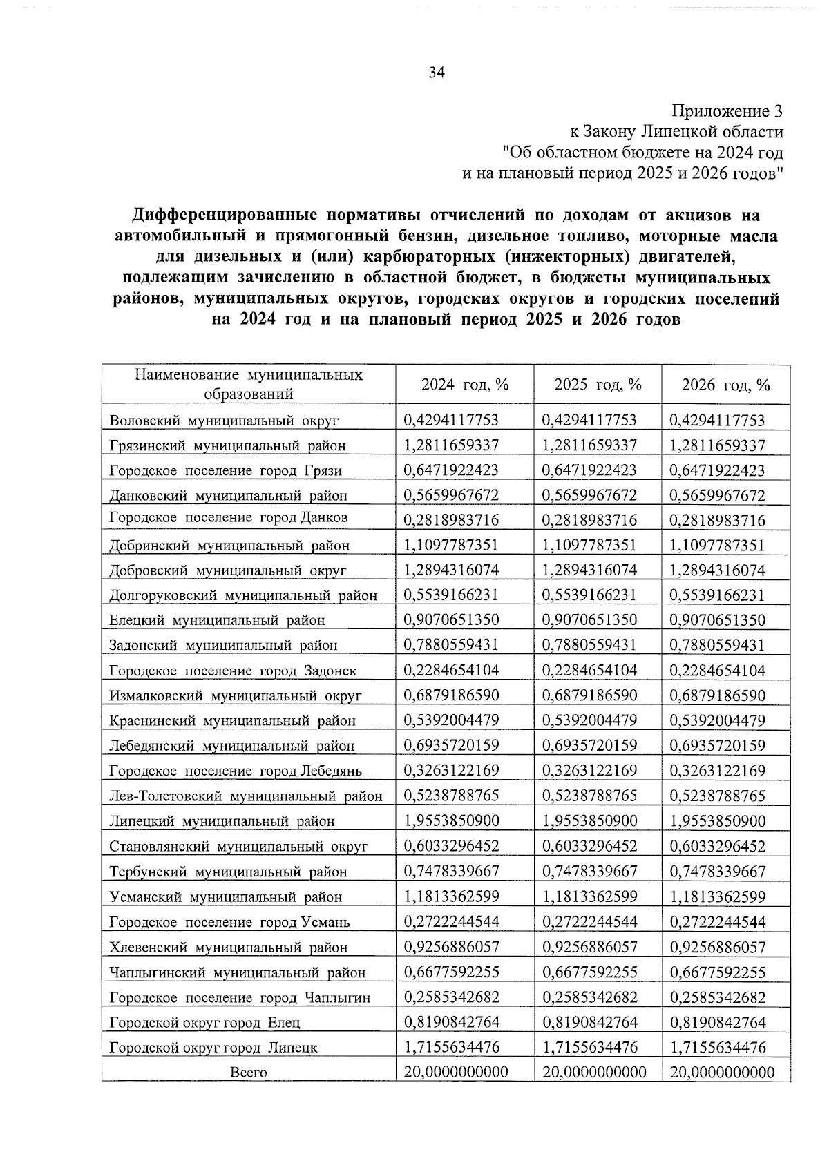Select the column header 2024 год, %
pyautogui.click(x=464, y=385)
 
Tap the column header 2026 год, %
pyautogui.click(x=725, y=385)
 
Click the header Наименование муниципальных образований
pyautogui.click(x=249, y=384)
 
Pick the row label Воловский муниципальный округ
pyautogui.click(x=224, y=421)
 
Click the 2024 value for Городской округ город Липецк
pyautogui.click(x=451, y=1047)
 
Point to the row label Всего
pyautogui.click(x=248, y=1073)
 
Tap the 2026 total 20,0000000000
pyautogui.click(x=722, y=1072)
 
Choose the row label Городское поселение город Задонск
pyautogui.click(x=233, y=671)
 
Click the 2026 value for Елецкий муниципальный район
pyautogui.click(x=718, y=620)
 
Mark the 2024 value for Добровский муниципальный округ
pyautogui.click(x=451, y=570)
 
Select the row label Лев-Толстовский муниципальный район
pyautogui.click(x=246, y=796)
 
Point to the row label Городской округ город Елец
pyautogui.click(x=204, y=1023)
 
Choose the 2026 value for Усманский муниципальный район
pyautogui.click(x=718, y=897)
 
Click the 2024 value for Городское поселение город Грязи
pyautogui.click(x=451, y=470)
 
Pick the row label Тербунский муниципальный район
pyautogui.click(x=228, y=872)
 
